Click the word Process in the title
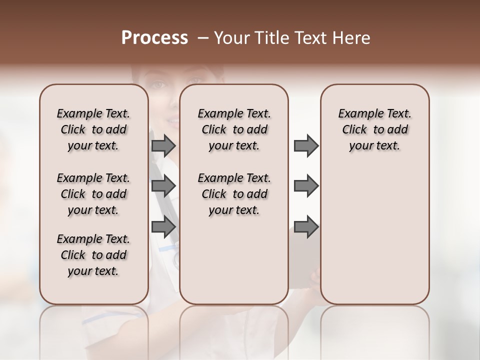(154, 38)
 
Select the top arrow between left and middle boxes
(163, 146)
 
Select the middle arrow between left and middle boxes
(163, 186)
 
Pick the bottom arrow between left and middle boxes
(163, 227)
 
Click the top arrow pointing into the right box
(306, 146)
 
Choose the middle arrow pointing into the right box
(306, 186)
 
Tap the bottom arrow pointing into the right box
(306, 227)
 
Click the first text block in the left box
(93, 130)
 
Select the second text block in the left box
(93, 194)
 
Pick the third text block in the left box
(93, 255)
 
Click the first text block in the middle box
(234, 130)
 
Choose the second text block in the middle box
(234, 194)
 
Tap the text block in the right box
(374, 130)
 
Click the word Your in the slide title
(231, 38)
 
